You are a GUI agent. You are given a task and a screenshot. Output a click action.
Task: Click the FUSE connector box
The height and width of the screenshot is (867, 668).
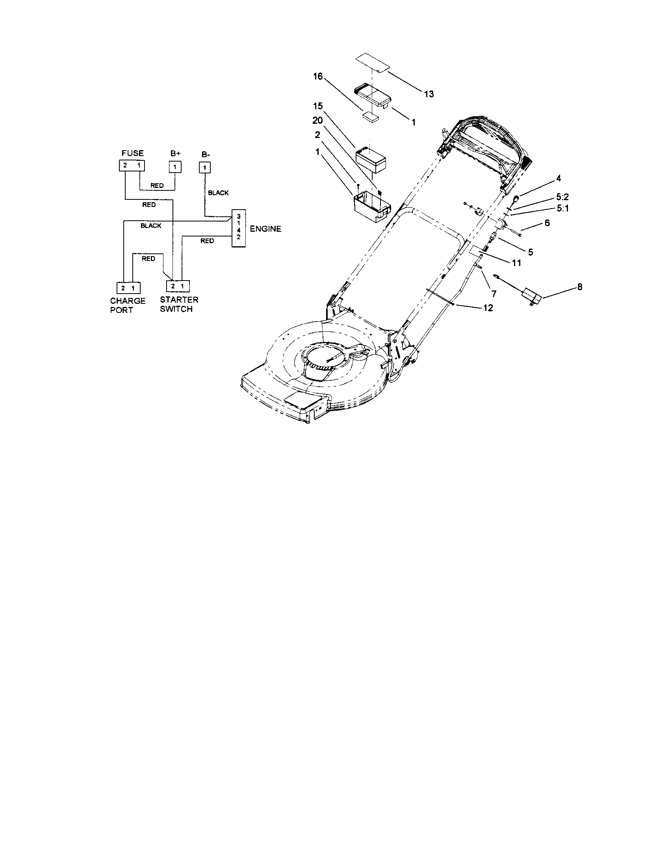132,166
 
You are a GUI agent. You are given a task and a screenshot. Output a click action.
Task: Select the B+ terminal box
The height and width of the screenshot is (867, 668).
175,167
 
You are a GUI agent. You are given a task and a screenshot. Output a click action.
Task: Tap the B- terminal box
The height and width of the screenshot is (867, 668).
204,167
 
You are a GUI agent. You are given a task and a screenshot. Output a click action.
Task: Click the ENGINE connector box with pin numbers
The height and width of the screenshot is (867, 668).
238,229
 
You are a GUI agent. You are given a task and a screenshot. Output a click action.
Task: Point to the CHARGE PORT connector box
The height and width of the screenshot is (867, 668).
128,288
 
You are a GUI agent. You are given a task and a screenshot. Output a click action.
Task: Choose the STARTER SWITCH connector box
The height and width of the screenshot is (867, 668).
177,286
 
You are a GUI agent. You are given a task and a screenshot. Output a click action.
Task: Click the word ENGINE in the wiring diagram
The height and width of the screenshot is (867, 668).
265,229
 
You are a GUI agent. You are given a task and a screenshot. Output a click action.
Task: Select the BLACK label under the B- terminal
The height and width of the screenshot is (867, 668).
218,193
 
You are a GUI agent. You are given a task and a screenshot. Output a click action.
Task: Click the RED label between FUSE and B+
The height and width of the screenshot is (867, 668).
157,186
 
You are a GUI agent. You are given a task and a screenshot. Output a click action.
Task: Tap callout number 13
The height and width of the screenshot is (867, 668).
429,94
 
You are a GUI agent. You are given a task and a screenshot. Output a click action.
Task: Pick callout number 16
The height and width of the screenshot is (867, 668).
318,76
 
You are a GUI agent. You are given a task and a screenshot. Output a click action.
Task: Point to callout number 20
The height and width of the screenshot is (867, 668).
318,120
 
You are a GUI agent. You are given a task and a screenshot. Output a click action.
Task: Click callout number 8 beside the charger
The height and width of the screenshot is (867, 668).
579,287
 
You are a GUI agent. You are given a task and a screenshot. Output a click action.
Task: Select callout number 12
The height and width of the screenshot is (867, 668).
488,308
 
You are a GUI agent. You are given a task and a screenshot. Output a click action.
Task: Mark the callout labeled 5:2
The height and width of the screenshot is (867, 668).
562,197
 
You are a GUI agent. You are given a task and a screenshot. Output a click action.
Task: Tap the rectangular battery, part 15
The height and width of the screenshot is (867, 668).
371,159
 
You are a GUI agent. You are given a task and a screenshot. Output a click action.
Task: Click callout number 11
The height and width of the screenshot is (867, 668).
516,263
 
